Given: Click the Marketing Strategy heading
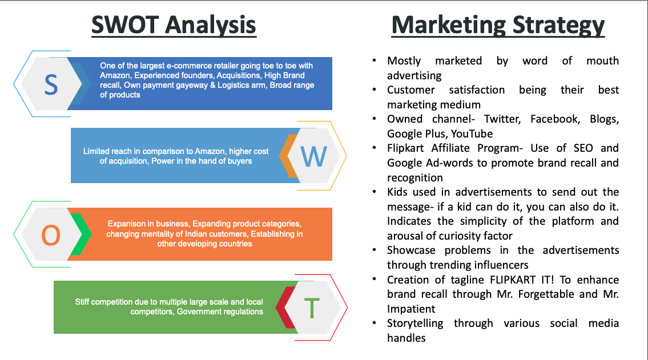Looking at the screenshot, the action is coord(498,26).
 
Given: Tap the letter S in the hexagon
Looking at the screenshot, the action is coord(51,86).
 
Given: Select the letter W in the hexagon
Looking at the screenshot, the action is coord(314,156).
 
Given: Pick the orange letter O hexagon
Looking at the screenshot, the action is coord(51,235).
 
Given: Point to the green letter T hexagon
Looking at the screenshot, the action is coord(312,308).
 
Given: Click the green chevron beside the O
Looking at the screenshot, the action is coord(81,234).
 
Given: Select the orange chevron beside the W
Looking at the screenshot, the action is coord(288,156).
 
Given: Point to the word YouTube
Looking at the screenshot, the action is coord(472,134).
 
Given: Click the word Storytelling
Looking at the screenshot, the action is coord(415,323).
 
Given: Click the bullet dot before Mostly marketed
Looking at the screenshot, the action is coord(375,60).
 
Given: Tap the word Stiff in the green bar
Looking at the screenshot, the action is coord(82,302).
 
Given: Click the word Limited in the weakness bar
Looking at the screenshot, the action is coord(96,151).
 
